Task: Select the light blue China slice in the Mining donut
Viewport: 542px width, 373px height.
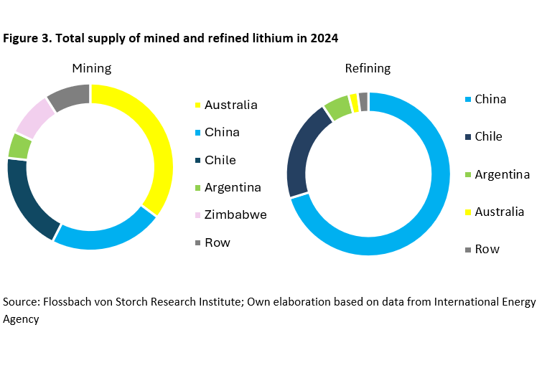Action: click(x=108, y=237)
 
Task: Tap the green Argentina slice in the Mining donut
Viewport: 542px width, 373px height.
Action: click(x=19, y=146)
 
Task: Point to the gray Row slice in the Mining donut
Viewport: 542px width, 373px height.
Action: click(x=69, y=96)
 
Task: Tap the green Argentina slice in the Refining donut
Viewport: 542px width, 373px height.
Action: click(x=335, y=108)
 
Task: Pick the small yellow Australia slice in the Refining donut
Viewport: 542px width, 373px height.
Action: click(x=353, y=103)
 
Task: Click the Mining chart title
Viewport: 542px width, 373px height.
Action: click(x=91, y=68)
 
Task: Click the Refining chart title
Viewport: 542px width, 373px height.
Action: click(x=368, y=68)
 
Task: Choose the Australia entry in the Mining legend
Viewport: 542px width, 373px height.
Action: click(x=230, y=105)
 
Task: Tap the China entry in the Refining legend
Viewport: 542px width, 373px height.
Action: click(x=490, y=99)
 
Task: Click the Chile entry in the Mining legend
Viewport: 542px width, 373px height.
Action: click(x=220, y=160)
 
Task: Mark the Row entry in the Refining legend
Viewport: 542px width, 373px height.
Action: click(x=487, y=249)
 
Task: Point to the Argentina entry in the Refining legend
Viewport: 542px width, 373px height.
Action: click(x=502, y=174)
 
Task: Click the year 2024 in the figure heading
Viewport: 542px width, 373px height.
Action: click(x=324, y=38)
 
